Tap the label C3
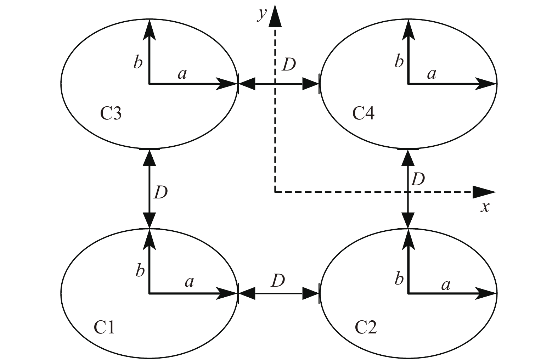(111, 114)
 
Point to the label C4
(363, 114)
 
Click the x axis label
(485, 207)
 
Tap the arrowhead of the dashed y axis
(275, 17)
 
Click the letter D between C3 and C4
(288, 65)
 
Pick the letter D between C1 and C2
(278, 281)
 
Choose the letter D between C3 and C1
(160, 192)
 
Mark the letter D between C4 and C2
(417, 180)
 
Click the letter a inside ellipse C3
(182, 74)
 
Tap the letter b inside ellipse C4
(399, 61)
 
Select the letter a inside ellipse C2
(446, 284)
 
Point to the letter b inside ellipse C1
(140, 271)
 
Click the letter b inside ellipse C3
(138, 62)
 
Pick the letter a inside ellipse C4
(431, 74)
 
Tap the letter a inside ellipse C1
(190, 282)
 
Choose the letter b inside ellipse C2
(399, 279)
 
